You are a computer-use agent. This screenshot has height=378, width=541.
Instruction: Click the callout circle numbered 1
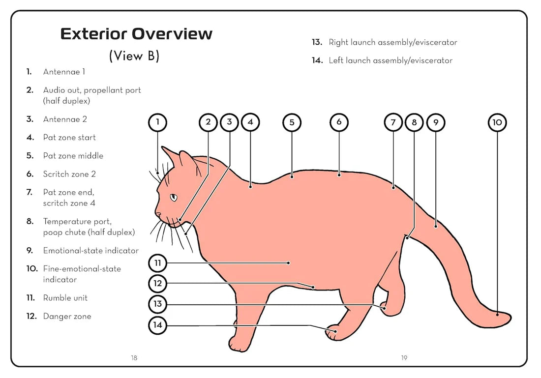[x=157, y=122]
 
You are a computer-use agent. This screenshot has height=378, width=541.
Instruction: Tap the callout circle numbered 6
[x=339, y=122]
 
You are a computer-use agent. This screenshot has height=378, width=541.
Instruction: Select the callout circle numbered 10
[x=497, y=122]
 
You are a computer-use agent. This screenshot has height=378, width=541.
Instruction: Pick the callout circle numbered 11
[x=157, y=263]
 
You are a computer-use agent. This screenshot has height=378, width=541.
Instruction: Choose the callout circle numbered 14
[x=157, y=325]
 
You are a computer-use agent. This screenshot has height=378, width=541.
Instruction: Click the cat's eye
[x=173, y=198]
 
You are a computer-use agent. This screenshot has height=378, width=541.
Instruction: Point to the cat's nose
[x=158, y=214]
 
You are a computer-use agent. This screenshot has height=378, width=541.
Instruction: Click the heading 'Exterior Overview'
[x=136, y=34]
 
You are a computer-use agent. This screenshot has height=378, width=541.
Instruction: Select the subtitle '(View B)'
[x=134, y=56]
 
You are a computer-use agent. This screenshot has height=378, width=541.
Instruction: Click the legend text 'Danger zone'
[x=67, y=317]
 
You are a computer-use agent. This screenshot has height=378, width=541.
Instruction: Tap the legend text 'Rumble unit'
[x=65, y=298]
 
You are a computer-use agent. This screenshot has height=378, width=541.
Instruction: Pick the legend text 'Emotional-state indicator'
[x=90, y=251]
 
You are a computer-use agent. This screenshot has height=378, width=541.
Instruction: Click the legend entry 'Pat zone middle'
[x=73, y=156]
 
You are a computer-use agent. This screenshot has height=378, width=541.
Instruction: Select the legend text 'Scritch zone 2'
[x=69, y=174]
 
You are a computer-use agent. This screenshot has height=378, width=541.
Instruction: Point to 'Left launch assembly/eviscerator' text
[x=391, y=60]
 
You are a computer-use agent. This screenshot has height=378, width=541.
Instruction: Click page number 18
[x=134, y=358]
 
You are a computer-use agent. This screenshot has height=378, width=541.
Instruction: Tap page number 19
[x=404, y=358]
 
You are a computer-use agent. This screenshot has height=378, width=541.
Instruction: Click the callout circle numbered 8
[x=414, y=122]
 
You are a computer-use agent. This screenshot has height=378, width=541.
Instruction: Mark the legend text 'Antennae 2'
[x=65, y=119]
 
